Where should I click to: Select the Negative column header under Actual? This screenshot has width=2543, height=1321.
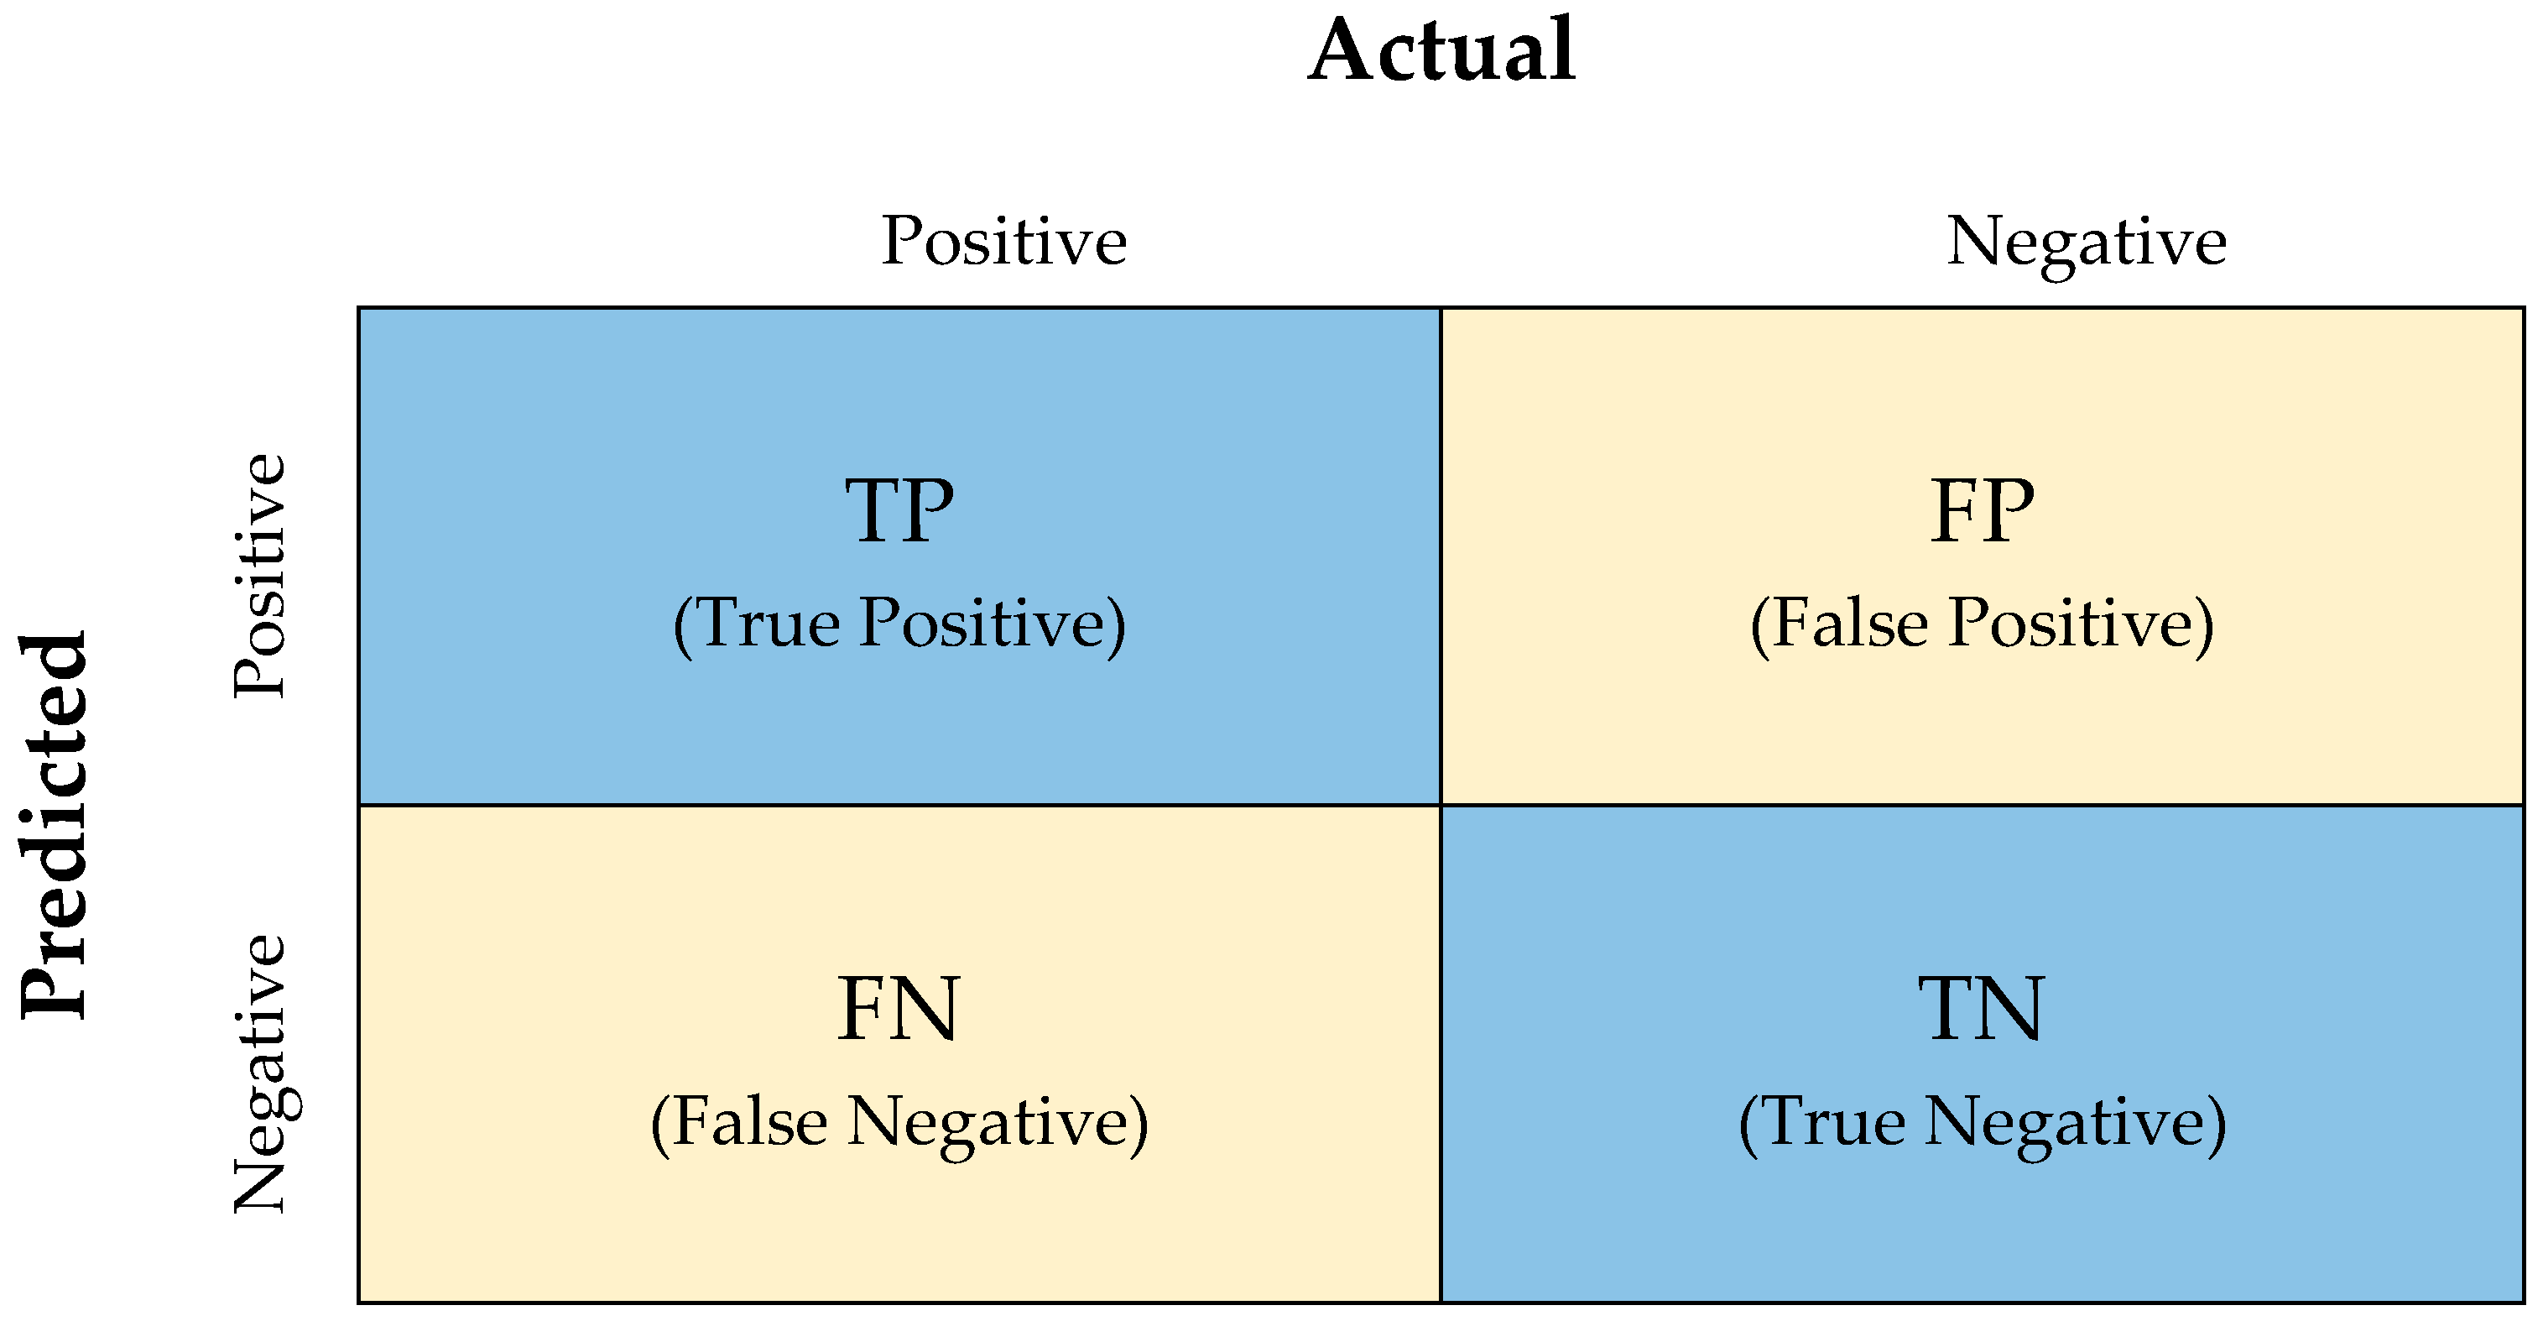pos(2086,243)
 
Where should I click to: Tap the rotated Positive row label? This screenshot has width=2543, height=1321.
pos(259,577)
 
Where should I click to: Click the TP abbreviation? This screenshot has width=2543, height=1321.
pos(899,510)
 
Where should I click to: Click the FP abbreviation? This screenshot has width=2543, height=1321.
pos(1983,510)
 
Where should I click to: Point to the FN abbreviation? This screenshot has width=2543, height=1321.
pos(898,1009)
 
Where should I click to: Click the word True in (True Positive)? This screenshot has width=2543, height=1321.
pos(771,623)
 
